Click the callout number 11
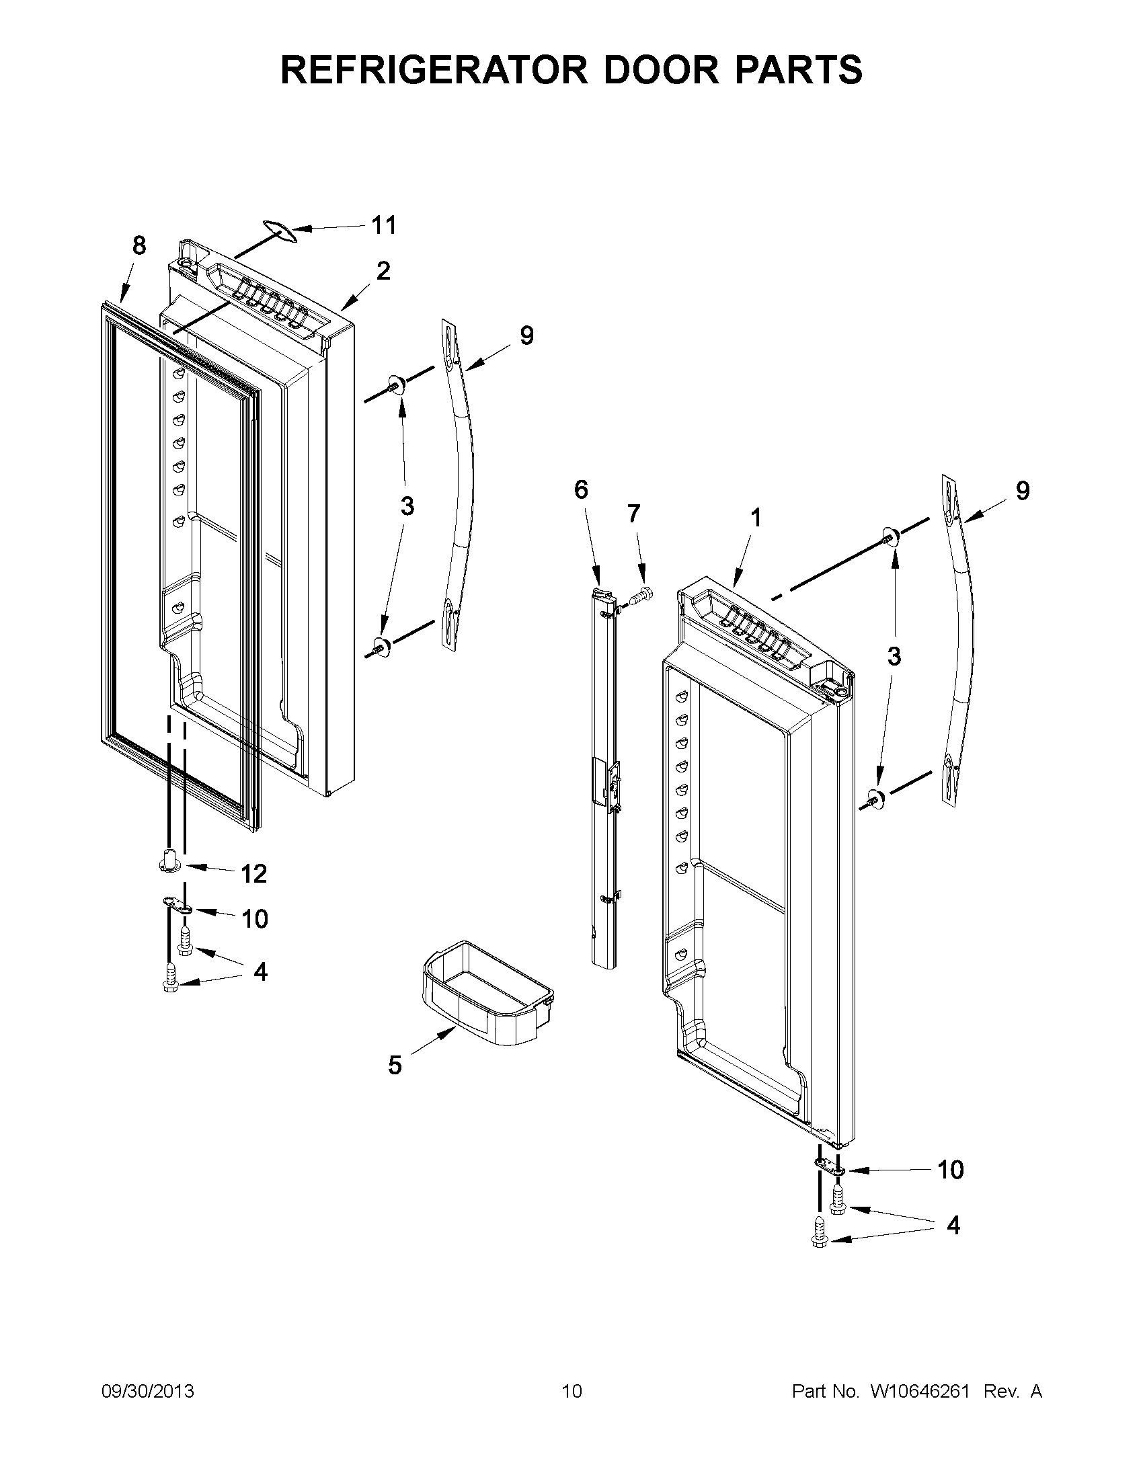385,225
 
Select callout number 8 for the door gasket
139,245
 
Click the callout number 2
383,271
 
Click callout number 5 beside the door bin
395,1066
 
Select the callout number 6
581,489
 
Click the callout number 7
633,514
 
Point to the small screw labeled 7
641,596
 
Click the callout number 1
756,518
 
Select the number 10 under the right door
950,1170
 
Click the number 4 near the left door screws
260,972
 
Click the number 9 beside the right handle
1022,490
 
